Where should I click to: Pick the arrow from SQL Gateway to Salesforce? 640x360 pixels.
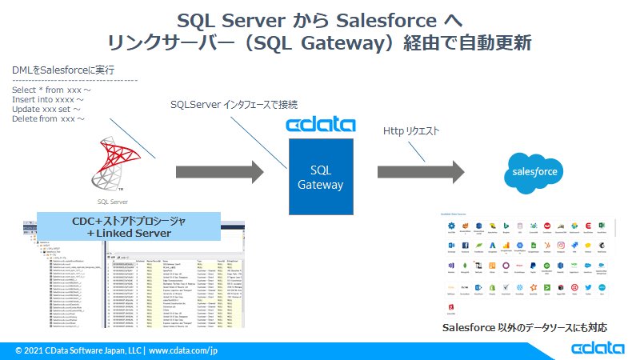421,171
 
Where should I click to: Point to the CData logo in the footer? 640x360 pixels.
598,349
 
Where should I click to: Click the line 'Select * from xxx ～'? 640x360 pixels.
51,90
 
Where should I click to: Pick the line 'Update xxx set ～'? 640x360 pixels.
46,110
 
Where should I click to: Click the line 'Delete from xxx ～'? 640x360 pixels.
49,119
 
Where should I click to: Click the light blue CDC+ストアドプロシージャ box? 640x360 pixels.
129,226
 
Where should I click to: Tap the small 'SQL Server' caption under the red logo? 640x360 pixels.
113,202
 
